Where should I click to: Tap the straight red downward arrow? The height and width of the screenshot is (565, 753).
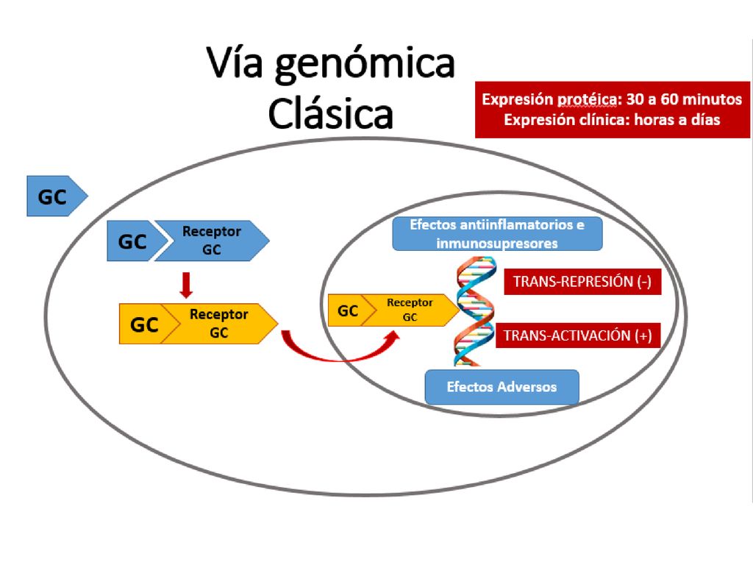pyautogui.click(x=186, y=285)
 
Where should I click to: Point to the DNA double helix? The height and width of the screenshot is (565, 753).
pyautogui.click(x=475, y=311)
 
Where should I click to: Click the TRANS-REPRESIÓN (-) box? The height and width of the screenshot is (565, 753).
pyautogui.click(x=582, y=282)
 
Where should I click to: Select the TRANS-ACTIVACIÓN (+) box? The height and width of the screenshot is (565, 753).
pyautogui.click(x=578, y=335)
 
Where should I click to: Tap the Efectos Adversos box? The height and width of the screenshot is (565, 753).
pyautogui.click(x=502, y=387)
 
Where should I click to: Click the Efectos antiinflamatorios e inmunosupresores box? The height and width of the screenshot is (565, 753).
pyautogui.click(x=497, y=234)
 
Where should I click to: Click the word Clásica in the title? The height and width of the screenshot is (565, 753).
pyautogui.click(x=330, y=113)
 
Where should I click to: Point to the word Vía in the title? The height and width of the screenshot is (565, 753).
pyautogui.click(x=235, y=63)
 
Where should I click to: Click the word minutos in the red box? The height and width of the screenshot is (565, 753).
pyautogui.click(x=712, y=99)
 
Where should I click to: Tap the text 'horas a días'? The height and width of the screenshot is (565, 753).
pyautogui.click(x=677, y=120)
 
